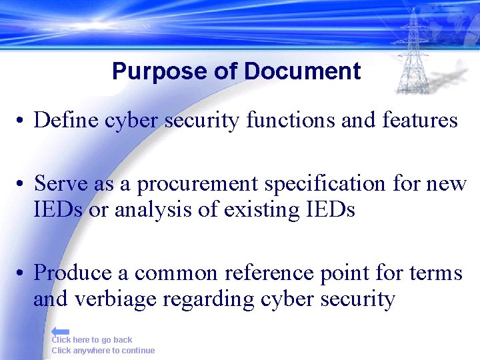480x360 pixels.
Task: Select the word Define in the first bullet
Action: [x=63, y=120]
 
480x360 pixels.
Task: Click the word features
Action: [x=420, y=120]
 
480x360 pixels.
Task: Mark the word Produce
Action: [x=72, y=272]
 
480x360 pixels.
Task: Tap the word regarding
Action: [x=200, y=299]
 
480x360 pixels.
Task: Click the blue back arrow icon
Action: [x=60, y=331]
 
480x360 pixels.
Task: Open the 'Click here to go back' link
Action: [x=92, y=340]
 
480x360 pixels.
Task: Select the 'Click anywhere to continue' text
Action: [x=103, y=351]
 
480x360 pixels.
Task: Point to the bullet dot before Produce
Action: [x=22, y=273]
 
